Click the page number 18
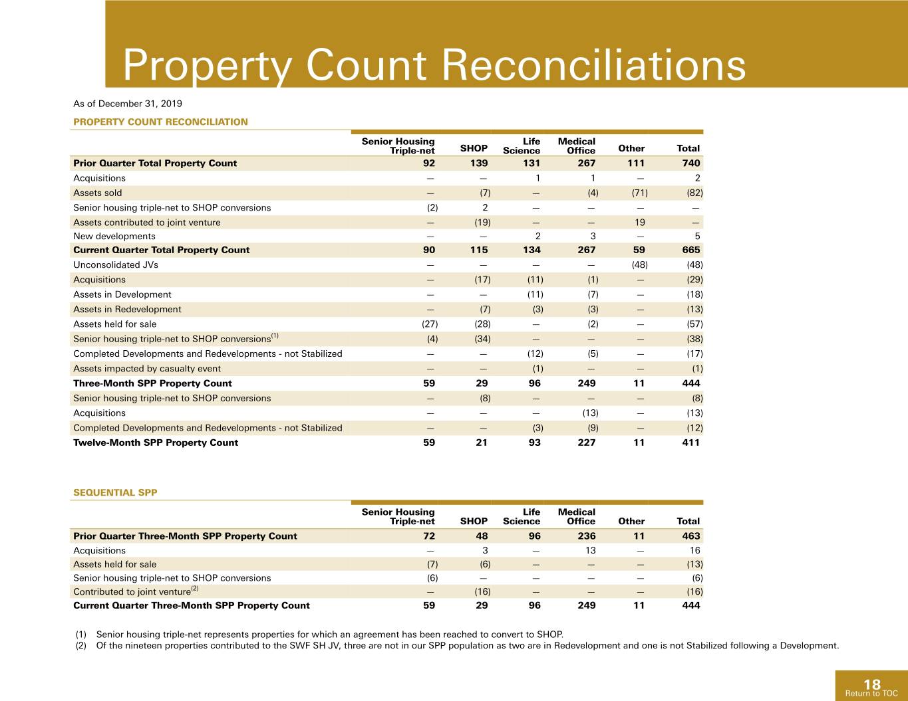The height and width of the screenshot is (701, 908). (x=872, y=684)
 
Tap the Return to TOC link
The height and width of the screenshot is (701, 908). (x=871, y=694)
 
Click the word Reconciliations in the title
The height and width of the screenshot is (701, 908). (x=594, y=65)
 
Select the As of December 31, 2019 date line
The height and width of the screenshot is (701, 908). (x=128, y=104)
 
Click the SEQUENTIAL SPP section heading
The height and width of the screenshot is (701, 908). (x=115, y=492)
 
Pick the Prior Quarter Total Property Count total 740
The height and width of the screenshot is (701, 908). (x=690, y=163)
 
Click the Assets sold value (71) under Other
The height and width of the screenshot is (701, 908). (x=640, y=193)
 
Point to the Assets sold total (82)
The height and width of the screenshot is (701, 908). (x=695, y=193)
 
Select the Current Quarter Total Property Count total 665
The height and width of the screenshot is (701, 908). (x=690, y=250)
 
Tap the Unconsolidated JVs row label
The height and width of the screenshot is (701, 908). (x=116, y=264)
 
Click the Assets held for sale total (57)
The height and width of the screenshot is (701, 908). (x=695, y=324)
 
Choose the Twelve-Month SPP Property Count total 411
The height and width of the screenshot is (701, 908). (x=690, y=443)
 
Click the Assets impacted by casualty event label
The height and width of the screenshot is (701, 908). (x=146, y=369)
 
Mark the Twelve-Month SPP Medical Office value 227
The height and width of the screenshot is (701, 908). (x=587, y=443)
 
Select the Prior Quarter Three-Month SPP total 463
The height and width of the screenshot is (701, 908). (x=690, y=536)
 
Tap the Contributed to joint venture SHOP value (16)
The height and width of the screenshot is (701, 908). (x=483, y=591)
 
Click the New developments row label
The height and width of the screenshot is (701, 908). (x=114, y=236)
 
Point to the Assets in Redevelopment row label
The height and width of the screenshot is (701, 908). (x=127, y=309)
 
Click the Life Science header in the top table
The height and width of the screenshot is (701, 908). (x=522, y=146)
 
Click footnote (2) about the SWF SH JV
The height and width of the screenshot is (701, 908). (x=457, y=645)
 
